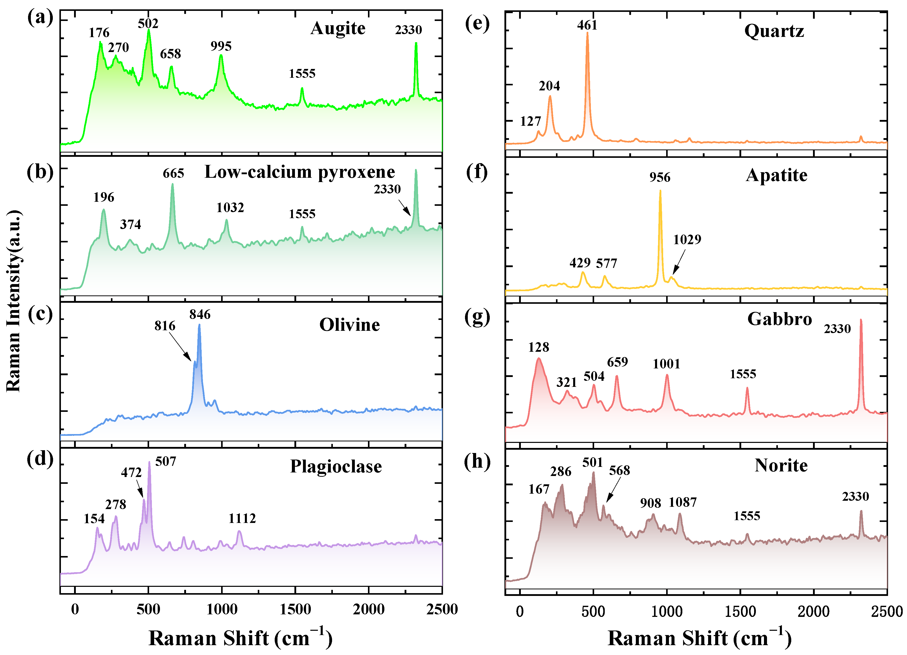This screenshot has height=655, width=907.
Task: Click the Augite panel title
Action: click(x=338, y=28)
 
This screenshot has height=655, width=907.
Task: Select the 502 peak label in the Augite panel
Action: click(x=148, y=23)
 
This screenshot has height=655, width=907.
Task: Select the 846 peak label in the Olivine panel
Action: click(x=200, y=315)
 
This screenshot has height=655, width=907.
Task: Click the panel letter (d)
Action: click(x=40, y=459)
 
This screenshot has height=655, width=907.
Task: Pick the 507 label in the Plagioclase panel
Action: click(x=166, y=462)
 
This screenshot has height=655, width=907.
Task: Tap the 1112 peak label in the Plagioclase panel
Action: click(x=242, y=518)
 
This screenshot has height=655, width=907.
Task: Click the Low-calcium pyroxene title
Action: click(x=299, y=172)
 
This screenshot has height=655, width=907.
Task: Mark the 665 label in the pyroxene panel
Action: click(x=173, y=173)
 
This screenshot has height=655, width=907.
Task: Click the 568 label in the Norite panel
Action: click(x=619, y=470)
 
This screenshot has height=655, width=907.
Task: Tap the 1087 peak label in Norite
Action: click(x=683, y=502)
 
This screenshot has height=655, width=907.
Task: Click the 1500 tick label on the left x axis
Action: click(x=295, y=610)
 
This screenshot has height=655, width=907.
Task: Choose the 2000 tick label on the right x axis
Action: click(x=813, y=611)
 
